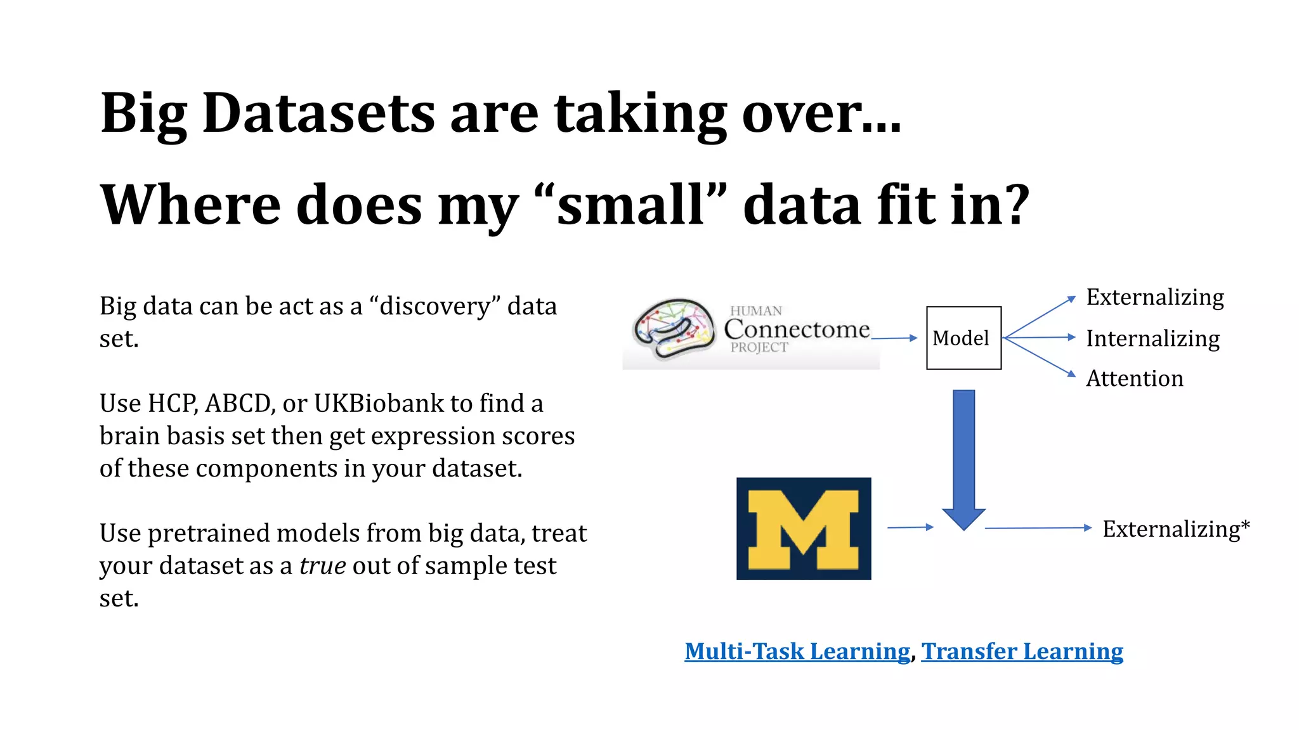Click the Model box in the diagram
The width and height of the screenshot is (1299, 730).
pyautogui.click(x=963, y=338)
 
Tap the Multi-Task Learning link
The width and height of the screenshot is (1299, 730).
pyautogui.click(x=797, y=651)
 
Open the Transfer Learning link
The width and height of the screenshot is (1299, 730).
pyautogui.click(x=1022, y=651)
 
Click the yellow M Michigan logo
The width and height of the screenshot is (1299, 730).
pyautogui.click(x=804, y=528)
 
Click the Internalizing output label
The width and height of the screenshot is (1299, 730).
pyautogui.click(x=1152, y=338)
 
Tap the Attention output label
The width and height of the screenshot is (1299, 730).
pyautogui.click(x=1134, y=378)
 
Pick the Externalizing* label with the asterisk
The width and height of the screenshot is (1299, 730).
pyautogui.click(x=1176, y=528)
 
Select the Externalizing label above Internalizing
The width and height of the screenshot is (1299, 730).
pyautogui.click(x=1155, y=297)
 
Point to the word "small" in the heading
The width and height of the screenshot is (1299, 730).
pyautogui.click(x=631, y=205)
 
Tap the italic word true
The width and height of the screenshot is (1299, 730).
pyautogui.click(x=322, y=565)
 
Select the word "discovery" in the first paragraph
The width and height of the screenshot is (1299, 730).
pyautogui.click(x=434, y=306)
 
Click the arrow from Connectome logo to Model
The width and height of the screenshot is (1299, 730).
pyautogui.click(x=894, y=338)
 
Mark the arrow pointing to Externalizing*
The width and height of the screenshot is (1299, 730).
pyautogui.click(x=1038, y=527)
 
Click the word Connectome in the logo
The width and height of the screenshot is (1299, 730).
pyautogui.click(x=797, y=329)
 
